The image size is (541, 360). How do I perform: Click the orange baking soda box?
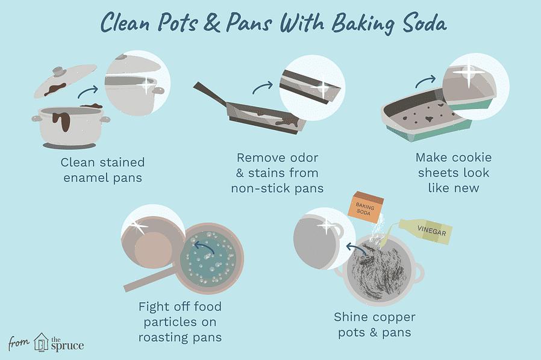click(365, 205)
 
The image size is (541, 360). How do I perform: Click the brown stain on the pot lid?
click(55, 89)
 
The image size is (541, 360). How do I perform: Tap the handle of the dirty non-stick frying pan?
click(210, 93)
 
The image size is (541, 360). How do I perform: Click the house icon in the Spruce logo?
click(41, 343)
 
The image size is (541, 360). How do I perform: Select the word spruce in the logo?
click(67, 346)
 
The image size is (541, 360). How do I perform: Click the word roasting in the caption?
click(163, 337)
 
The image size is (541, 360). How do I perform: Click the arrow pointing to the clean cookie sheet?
click(425, 82)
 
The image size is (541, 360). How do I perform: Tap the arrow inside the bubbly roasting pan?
click(204, 247)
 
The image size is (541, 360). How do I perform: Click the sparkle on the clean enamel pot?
click(146, 84)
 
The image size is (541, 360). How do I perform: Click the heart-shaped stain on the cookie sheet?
click(429, 119)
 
